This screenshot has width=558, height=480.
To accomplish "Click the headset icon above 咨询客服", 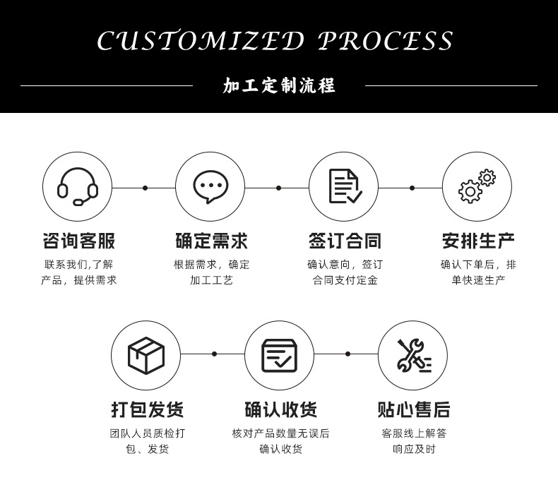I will point(78,187).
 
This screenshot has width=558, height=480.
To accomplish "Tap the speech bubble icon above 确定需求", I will point(210,187).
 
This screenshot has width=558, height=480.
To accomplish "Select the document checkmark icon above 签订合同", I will point(345,187).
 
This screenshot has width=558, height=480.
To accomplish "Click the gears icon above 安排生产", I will point(477,187).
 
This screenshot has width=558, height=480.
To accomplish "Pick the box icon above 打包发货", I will point(146,355).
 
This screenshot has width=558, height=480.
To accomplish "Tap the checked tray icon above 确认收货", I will point(279,355).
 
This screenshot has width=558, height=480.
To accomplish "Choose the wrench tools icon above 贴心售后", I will point(413,355).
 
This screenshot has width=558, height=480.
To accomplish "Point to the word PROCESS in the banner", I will point(386,41).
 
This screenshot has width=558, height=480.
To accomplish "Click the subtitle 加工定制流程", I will point(279,86).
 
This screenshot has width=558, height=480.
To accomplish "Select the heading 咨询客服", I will point(78,241).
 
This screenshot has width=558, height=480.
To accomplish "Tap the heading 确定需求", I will point(211,241).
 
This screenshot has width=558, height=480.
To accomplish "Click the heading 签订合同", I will point(345,241).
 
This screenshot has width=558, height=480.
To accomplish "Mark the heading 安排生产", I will point(478,241).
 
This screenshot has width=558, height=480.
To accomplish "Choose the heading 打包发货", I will point(147,409).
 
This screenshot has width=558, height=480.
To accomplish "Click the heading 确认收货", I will point(280,409).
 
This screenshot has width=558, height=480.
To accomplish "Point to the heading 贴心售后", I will point(413,409).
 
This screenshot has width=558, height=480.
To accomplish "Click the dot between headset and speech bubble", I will point(145,188).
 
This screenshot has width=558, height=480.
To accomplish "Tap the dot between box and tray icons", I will point(214,354).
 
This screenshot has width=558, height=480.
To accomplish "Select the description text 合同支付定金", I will point(345,280).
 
